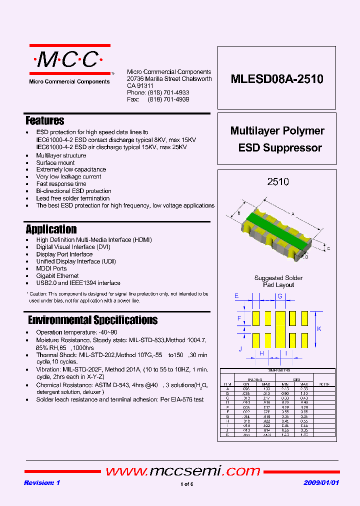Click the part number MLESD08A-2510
[277, 79]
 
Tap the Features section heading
[45, 120]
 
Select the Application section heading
[51, 229]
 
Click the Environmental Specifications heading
[92, 320]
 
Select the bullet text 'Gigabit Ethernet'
[57, 276]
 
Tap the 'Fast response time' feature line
[61, 184]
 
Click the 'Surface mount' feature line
[55, 163]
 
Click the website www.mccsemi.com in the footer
[183, 471]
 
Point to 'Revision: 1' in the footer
[42, 483]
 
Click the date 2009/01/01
[321, 483]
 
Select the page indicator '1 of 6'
[186, 484]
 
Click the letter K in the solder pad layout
[319, 328]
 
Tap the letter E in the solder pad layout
[236, 296]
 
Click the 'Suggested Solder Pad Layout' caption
[278, 281]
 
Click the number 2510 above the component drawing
[278, 182]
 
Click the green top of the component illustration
[277, 223]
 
